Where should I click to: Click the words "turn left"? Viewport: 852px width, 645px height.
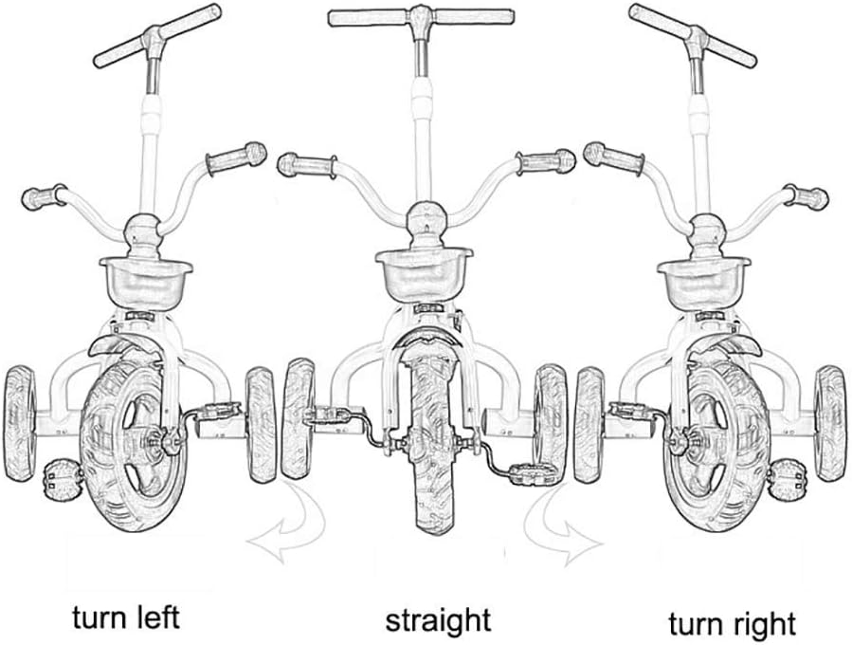[x=125, y=617]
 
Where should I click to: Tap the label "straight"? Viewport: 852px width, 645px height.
[x=438, y=621]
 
